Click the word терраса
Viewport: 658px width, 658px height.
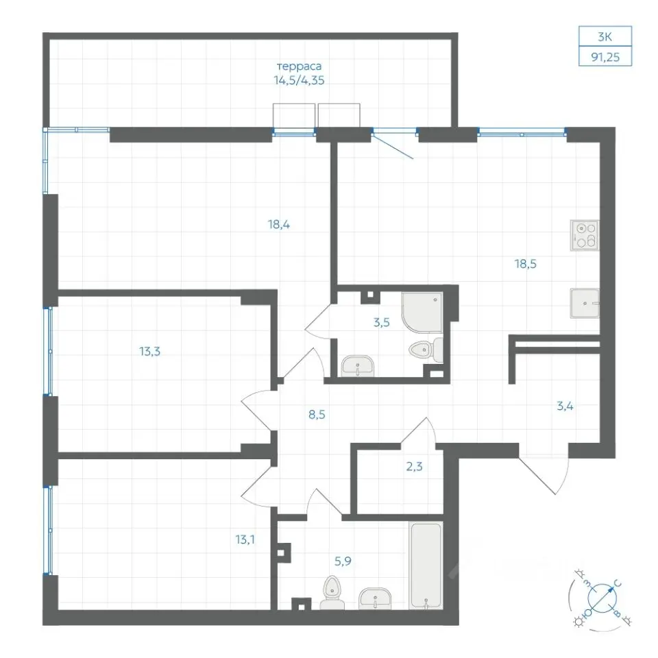click(300, 66)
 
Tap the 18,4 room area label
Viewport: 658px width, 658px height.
click(279, 225)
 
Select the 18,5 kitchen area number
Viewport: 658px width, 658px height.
click(526, 264)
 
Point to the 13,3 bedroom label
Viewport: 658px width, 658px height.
click(150, 351)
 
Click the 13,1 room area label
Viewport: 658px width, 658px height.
click(245, 539)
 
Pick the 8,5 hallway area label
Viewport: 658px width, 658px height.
click(317, 415)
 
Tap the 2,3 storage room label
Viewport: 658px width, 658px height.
click(414, 466)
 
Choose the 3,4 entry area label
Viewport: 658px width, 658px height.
click(565, 406)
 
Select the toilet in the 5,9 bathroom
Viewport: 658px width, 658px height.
click(332, 592)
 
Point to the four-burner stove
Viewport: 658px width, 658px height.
click(585, 235)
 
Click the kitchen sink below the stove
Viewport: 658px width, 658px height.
click(585, 304)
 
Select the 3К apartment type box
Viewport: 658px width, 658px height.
click(605, 36)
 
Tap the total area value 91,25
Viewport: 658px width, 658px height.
click(605, 57)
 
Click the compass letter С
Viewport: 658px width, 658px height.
click(618, 583)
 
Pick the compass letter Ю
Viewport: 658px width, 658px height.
click(588, 613)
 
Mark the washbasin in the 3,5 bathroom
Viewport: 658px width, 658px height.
click(357, 366)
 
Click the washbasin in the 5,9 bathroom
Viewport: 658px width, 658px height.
click(375, 598)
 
